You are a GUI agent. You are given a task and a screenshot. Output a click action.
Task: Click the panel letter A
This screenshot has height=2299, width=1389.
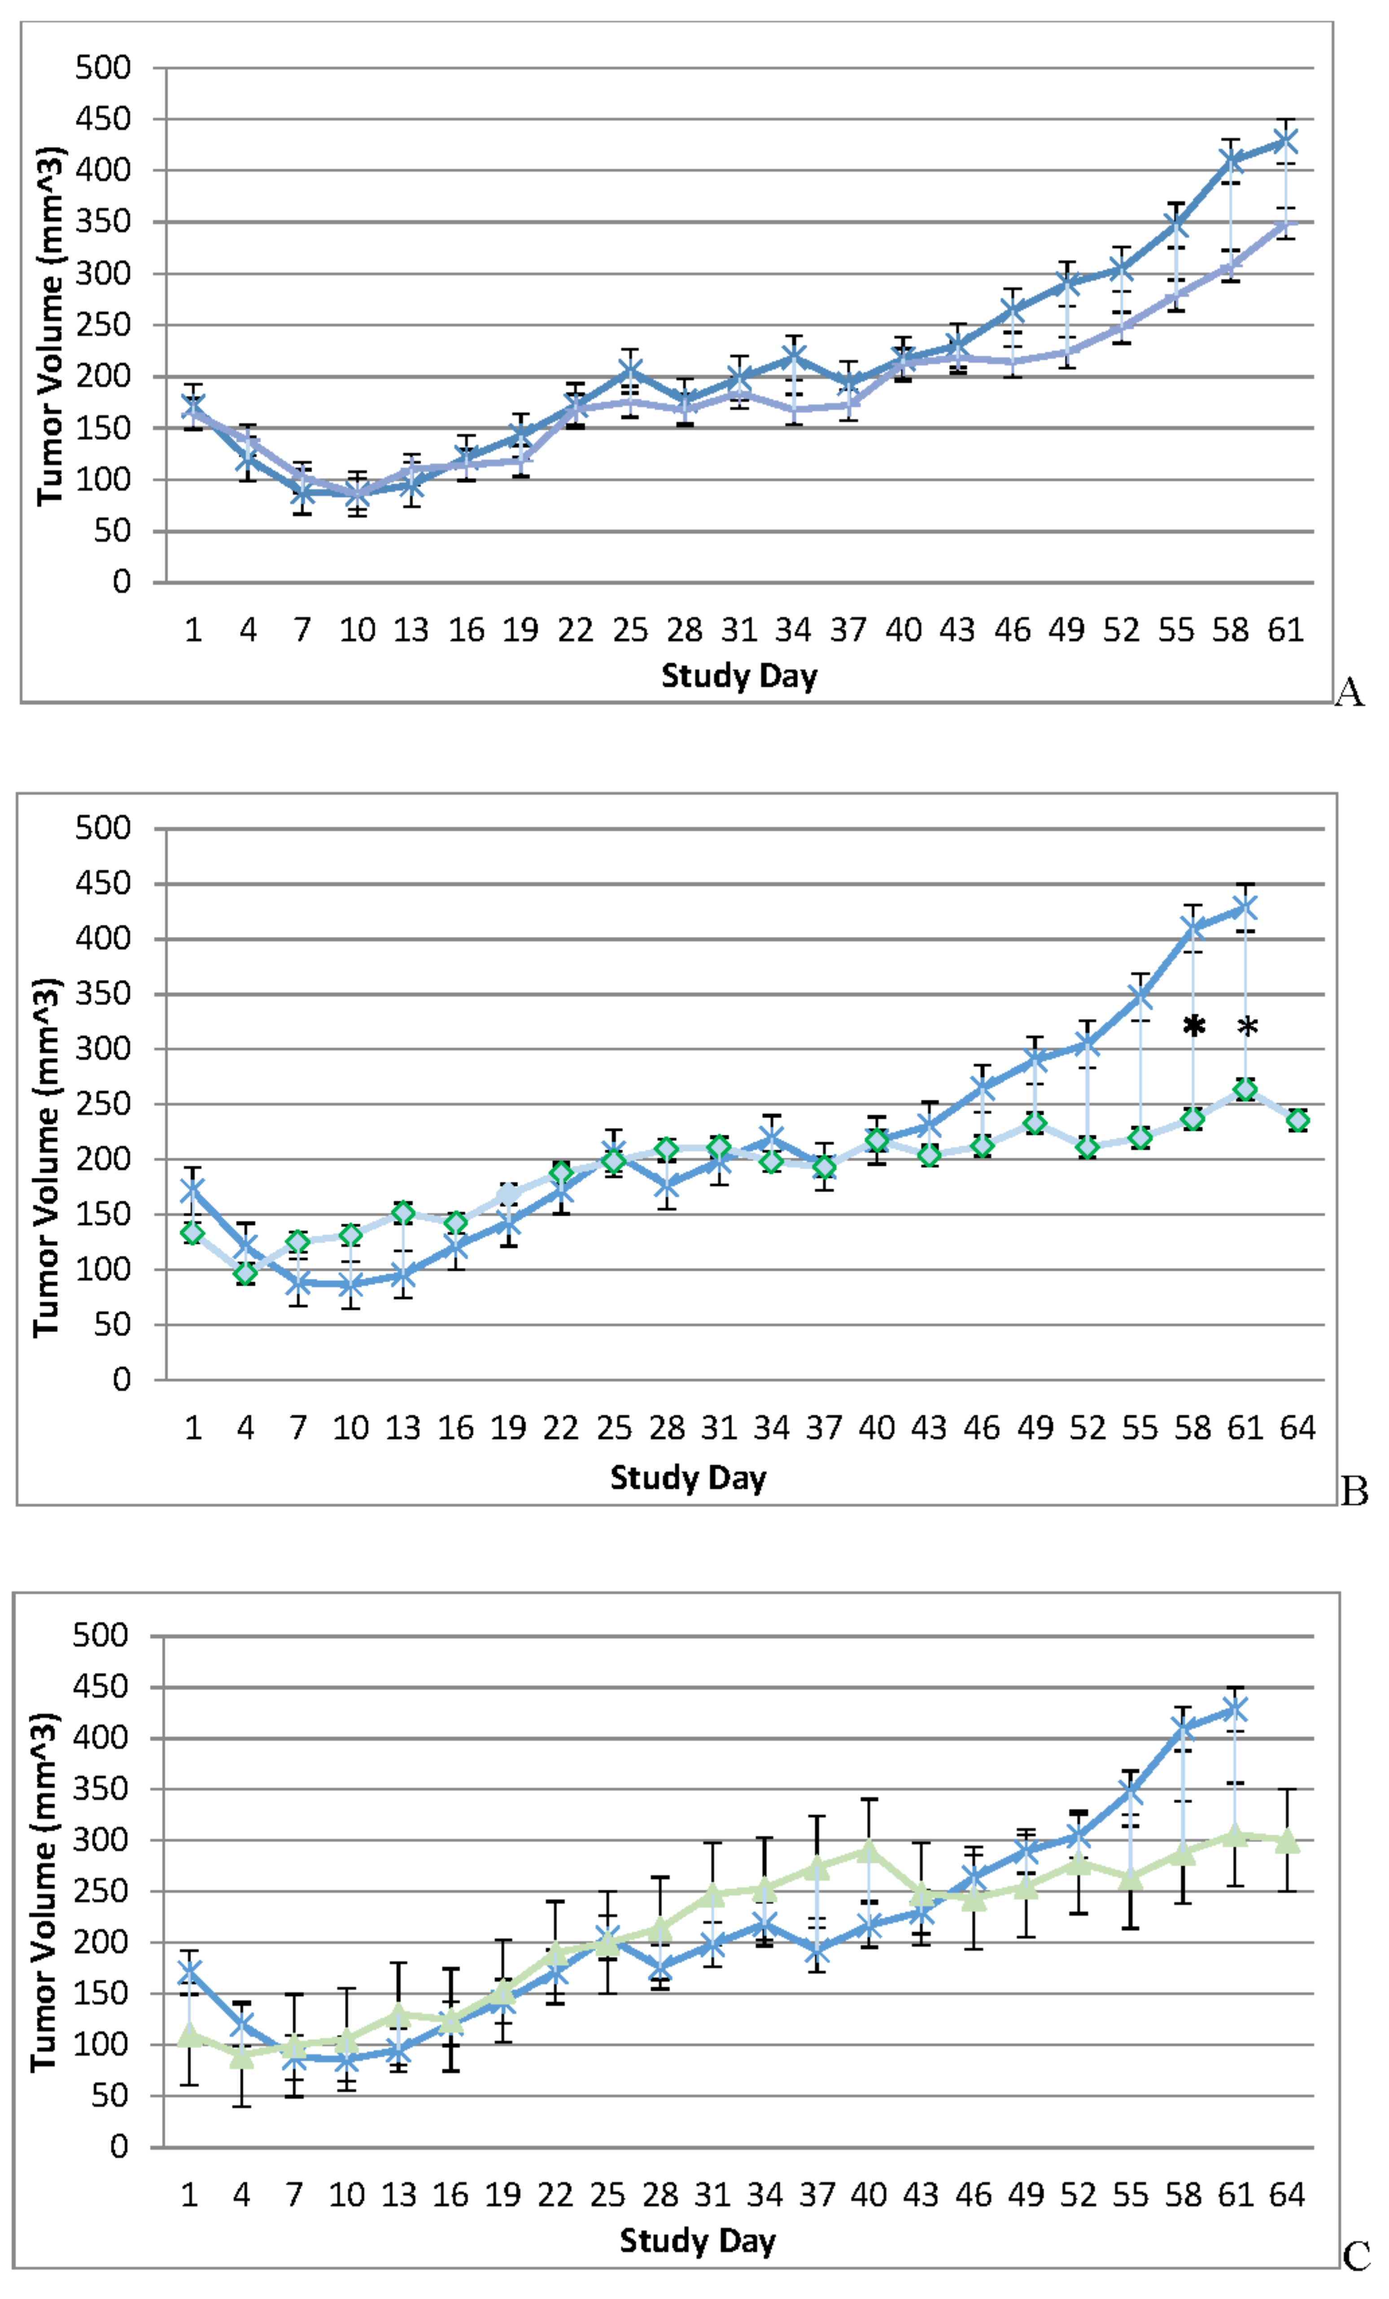[x=1350, y=693]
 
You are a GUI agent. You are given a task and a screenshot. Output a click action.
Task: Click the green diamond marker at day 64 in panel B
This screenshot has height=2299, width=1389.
[x=1297, y=1119]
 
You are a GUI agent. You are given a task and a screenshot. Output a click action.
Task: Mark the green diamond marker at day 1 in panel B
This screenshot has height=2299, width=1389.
[x=193, y=1233]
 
